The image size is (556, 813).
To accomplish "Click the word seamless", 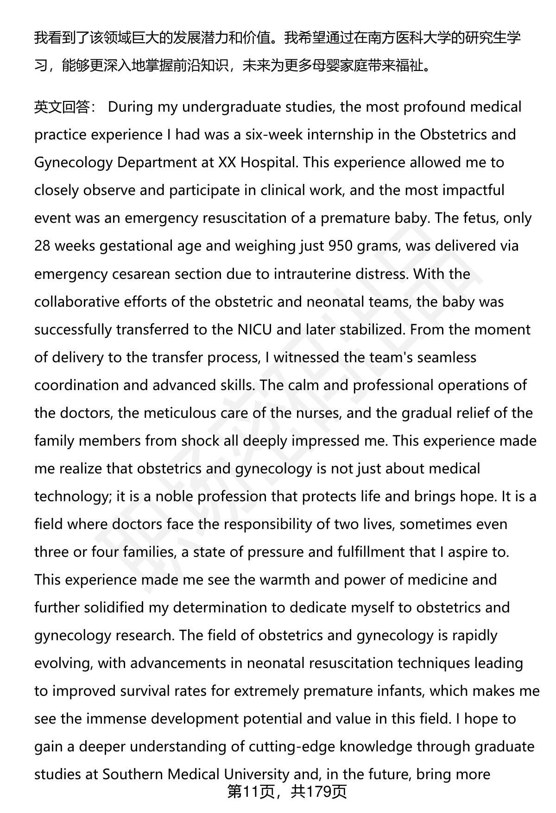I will coord(447,358).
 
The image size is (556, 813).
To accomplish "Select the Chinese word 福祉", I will coord(410,66).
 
